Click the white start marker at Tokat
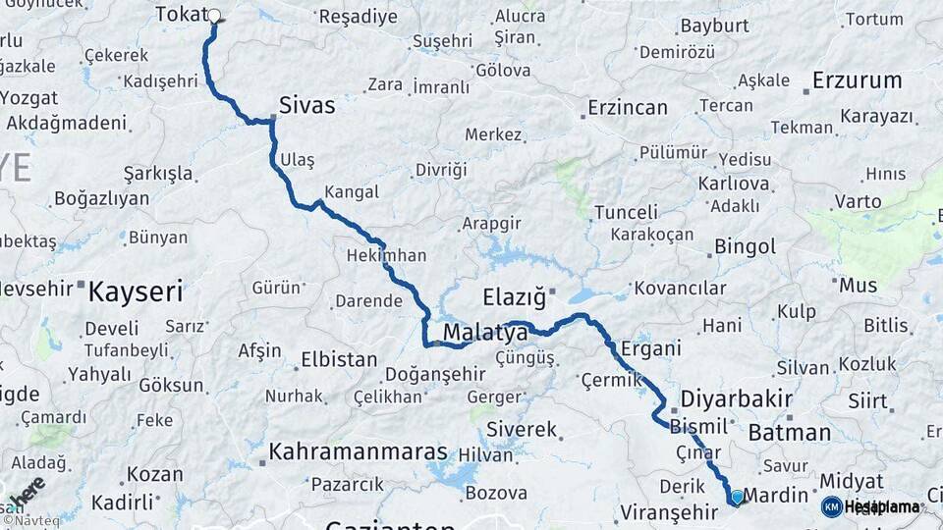click(x=213, y=16)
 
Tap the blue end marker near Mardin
click(x=737, y=498)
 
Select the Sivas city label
click(x=306, y=105)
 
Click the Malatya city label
click(x=485, y=334)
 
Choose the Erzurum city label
click(x=858, y=80)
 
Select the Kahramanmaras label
click(x=358, y=452)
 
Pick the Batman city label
click(x=789, y=432)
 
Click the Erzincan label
click(x=628, y=108)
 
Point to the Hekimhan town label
click(x=386, y=255)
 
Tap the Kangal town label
click(x=351, y=192)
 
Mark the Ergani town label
click(x=650, y=349)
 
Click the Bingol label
click(x=745, y=246)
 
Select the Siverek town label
click(x=522, y=430)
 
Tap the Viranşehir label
click(x=670, y=512)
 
